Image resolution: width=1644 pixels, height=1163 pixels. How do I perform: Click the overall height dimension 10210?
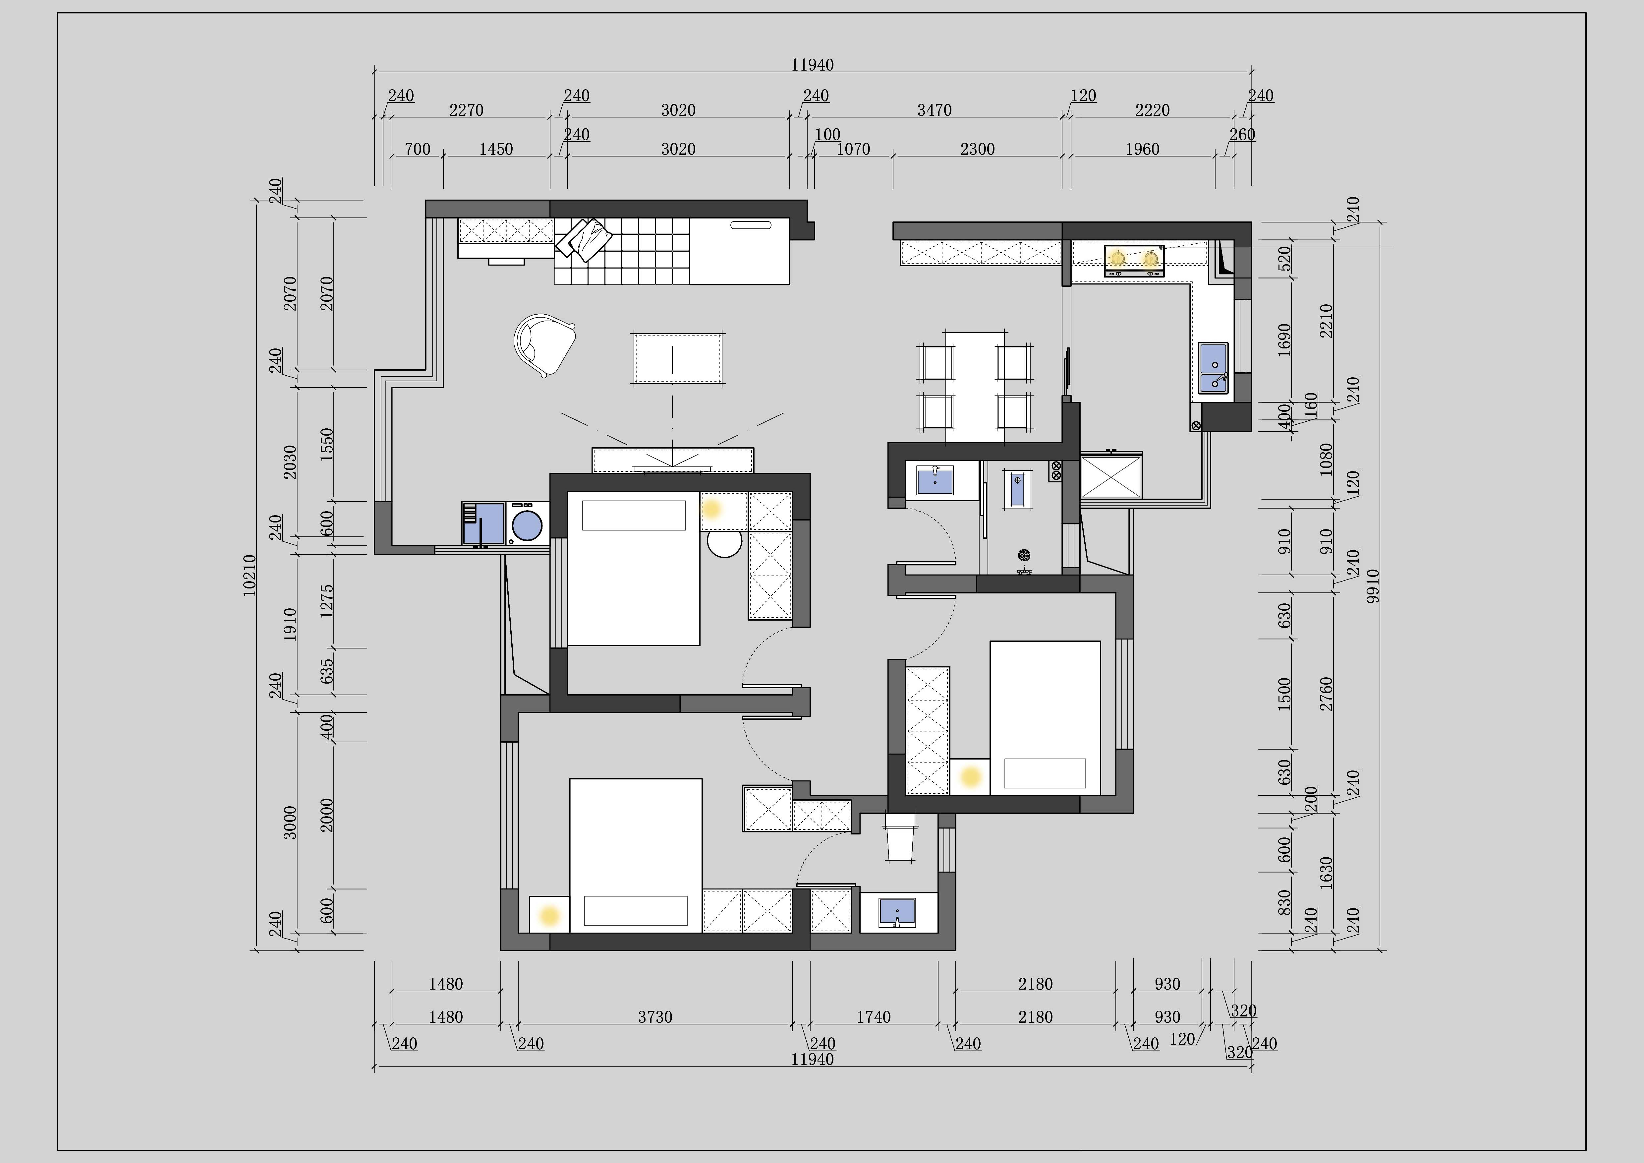tap(249, 575)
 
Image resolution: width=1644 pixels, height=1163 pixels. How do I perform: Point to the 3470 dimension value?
tap(935, 110)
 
